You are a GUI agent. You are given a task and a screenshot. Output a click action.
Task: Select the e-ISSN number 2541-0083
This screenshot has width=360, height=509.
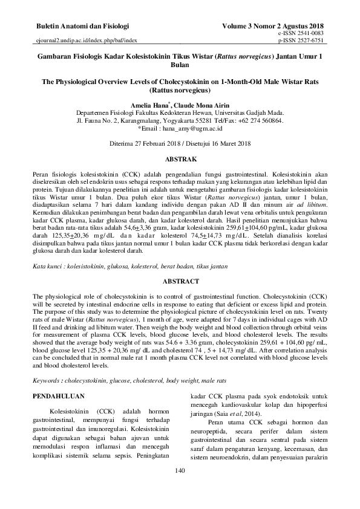pos(309,34)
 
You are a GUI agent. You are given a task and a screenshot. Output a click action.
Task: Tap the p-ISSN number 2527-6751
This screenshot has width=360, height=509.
pos(309,41)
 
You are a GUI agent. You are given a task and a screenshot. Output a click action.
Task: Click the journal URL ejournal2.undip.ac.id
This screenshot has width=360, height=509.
pos(84,41)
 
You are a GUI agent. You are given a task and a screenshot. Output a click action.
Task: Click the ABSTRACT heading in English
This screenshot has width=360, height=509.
pos(180,281)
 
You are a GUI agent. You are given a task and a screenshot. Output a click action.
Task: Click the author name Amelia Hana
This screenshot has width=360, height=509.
pos(150,105)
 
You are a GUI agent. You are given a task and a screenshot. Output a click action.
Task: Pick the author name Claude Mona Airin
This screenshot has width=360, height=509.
pos(199,105)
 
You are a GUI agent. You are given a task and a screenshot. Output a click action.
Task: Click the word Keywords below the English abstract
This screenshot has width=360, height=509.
pos(49,381)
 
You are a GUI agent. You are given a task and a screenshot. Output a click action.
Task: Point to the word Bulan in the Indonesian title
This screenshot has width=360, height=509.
pos(180,64)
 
